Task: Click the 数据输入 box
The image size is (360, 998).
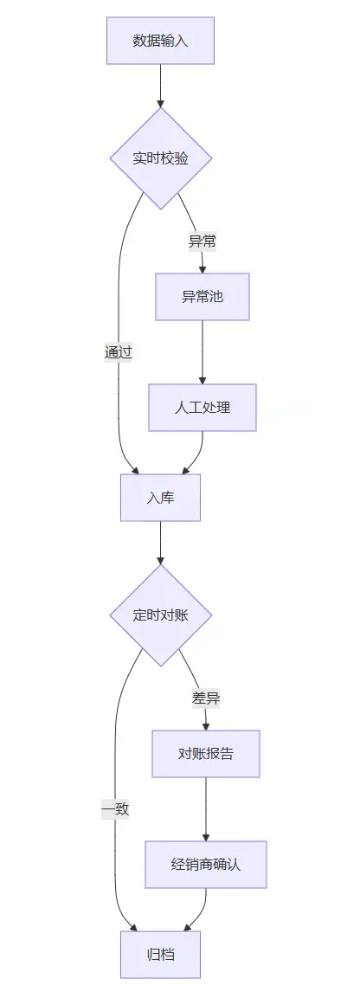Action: point(160,40)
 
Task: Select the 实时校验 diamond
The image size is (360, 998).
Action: point(160,158)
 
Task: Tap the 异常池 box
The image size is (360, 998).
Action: point(202,297)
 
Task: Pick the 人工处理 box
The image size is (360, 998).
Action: point(202,407)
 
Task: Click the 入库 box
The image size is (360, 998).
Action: point(160,497)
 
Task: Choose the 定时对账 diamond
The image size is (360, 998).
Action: point(160,615)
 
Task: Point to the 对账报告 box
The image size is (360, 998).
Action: point(206,754)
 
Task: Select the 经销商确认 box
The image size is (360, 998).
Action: point(206,864)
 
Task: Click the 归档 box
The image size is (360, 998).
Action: point(160,954)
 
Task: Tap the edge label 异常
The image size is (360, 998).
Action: point(202,241)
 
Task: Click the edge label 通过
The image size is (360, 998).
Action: point(118,352)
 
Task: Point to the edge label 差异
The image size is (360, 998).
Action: point(206,698)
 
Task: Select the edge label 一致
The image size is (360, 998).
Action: point(115,809)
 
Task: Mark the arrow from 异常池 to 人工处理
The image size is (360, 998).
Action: point(202,351)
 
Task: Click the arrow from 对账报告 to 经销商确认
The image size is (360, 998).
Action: point(206,808)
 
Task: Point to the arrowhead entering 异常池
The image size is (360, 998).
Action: point(202,268)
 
